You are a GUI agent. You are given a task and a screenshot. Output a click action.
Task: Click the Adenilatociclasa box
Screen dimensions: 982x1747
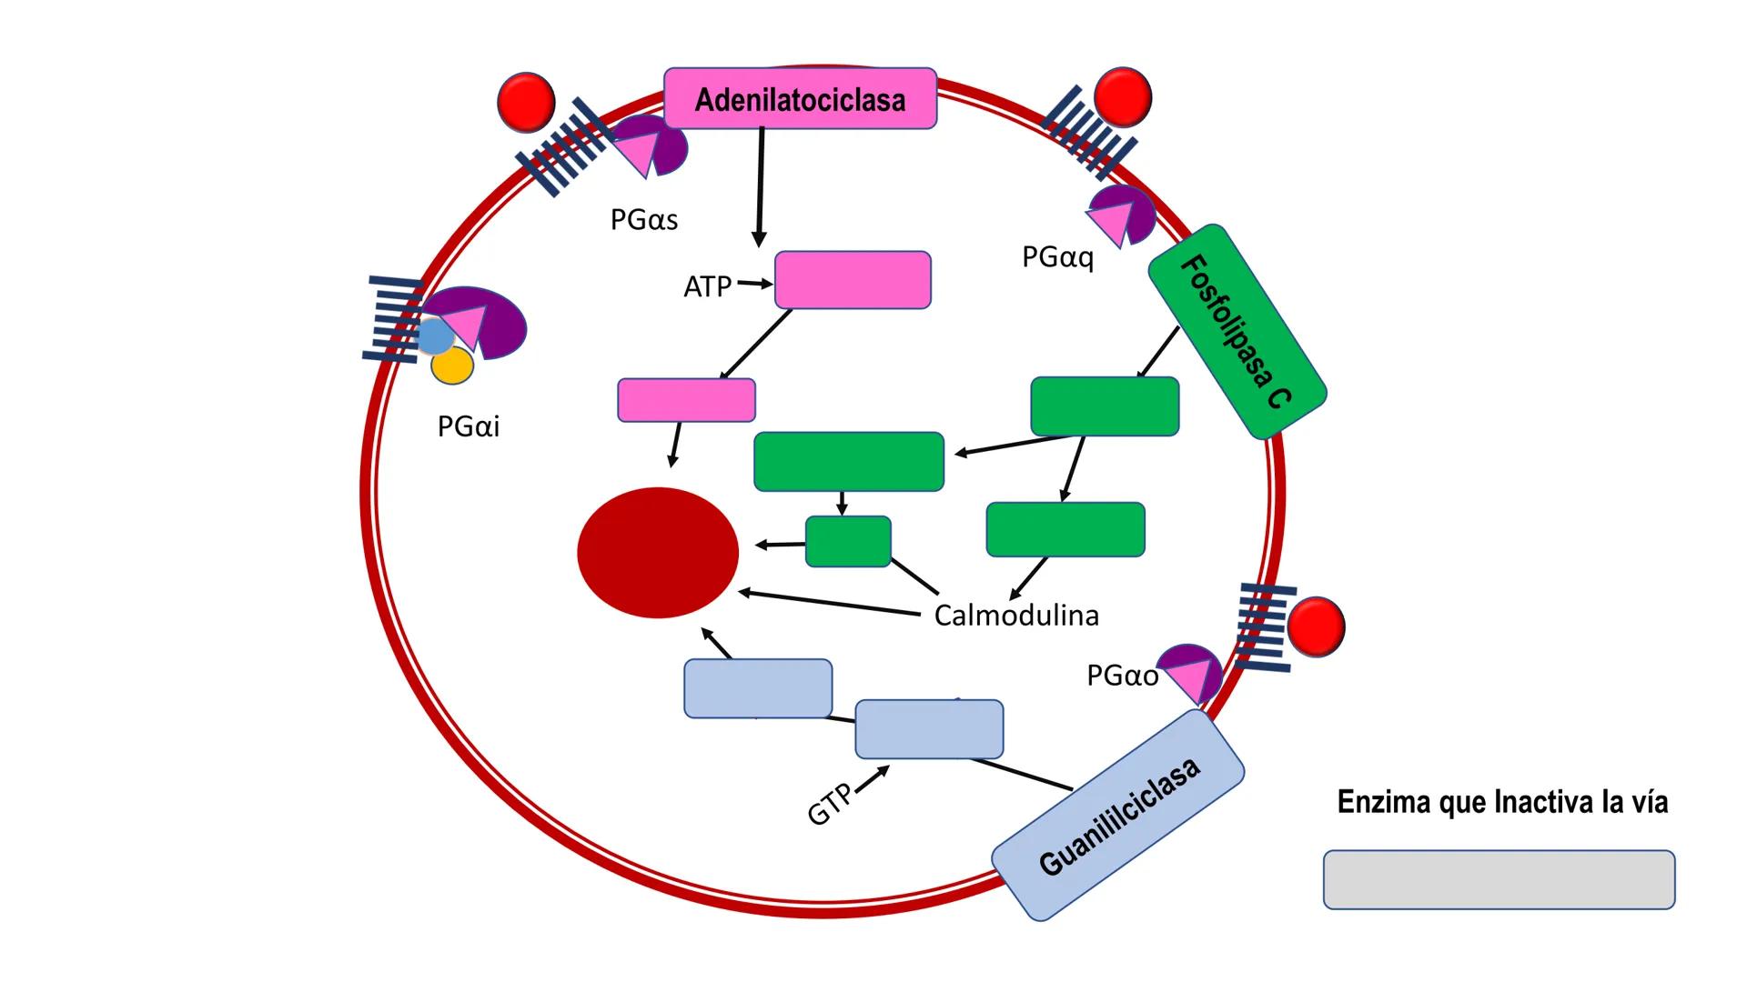800,98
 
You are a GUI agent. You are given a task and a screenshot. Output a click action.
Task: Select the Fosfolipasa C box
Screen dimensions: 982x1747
1237,332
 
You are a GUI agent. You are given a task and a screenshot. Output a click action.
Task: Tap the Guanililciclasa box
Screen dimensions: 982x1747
1117,816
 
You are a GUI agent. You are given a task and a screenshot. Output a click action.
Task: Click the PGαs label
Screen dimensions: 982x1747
644,220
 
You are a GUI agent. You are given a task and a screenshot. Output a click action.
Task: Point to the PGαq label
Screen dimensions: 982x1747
1057,257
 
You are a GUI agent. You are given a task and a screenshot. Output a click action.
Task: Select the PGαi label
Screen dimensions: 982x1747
468,426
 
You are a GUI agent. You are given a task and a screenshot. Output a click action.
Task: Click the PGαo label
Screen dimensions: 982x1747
1122,676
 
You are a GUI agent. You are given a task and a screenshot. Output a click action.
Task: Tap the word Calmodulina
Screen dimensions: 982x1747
1016,616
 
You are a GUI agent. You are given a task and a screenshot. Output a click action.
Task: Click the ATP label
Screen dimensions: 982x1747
707,286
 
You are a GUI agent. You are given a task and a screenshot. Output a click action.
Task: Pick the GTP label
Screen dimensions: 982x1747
830,804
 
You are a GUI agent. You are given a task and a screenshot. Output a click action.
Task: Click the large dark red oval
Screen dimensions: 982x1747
658,552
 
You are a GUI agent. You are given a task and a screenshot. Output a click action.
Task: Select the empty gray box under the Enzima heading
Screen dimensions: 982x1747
1499,879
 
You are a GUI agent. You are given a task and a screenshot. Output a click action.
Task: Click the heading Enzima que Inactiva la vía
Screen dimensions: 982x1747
1502,802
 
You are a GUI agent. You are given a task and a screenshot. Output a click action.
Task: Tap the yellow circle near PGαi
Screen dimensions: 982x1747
452,366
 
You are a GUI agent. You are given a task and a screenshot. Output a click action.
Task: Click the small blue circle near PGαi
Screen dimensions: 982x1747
435,336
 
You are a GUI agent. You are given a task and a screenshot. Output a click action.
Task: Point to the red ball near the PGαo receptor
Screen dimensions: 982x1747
1316,626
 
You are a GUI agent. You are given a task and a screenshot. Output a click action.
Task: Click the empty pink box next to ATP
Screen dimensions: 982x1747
853,280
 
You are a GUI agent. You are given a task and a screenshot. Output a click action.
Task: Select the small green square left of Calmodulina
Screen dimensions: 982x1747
848,541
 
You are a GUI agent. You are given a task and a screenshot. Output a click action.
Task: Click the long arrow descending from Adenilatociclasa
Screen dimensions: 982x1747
760,186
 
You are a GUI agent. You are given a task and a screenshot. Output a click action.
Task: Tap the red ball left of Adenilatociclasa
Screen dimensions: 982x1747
526,102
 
